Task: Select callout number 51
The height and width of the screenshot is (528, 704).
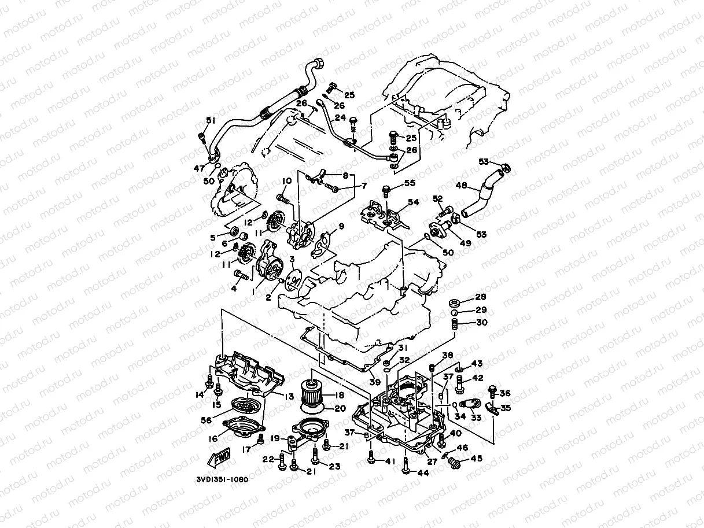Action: coord(210,120)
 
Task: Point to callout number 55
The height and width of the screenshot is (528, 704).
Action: coord(410,183)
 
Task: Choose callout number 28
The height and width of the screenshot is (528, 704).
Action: coord(481,297)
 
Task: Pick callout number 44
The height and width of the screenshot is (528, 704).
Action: coord(424,472)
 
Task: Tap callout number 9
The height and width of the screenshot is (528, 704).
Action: coord(341,226)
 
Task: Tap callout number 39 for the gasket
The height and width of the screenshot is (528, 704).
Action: coord(375,382)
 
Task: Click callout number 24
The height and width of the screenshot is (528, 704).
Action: coord(340,117)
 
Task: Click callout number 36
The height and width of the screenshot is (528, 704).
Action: coord(505,393)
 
